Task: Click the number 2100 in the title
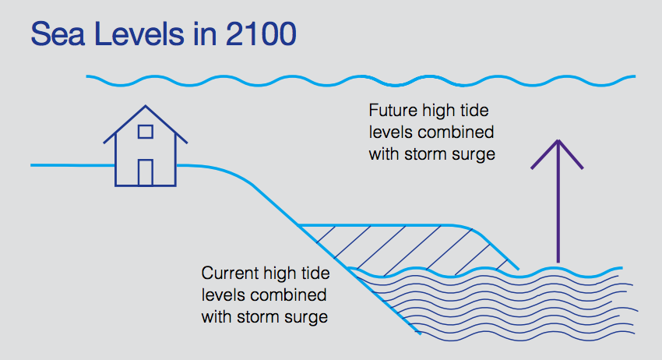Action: point(261,34)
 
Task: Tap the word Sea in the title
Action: point(58,34)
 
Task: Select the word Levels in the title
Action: point(139,34)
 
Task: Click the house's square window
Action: point(145,132)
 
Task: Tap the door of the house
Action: point(145,172)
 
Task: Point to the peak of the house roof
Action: point(146,106)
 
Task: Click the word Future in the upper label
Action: point(393,111)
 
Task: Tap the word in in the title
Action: point(205,34)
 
